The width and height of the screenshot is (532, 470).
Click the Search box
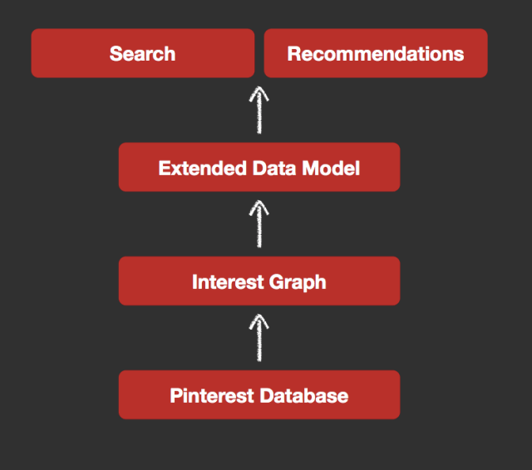click(x=143, y=53)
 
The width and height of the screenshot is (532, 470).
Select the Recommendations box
click(x=376, y=53)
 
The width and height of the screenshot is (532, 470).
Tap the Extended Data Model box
click(x=259, y=168)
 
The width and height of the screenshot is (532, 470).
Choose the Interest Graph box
click(x=259, y=282)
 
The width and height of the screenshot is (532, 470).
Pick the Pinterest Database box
click(x=259, y=395)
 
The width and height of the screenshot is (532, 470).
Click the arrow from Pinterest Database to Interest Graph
click(x=259, y=339)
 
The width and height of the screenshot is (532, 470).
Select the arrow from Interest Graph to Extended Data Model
click(x=259, y=225)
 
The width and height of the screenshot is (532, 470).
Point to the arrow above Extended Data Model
click(x=259, y=110)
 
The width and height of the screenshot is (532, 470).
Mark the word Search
click(x=143, y=53)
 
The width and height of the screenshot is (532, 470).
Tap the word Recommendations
click(x=376, y=53)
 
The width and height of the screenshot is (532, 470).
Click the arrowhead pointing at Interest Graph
click(x=259, y=321)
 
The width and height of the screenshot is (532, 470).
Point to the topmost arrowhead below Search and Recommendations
click(x=259, y=91)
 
